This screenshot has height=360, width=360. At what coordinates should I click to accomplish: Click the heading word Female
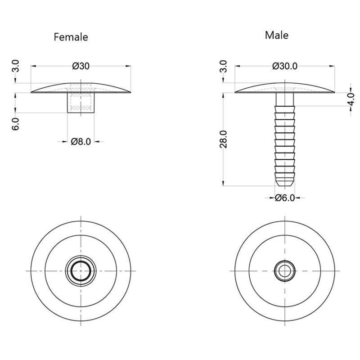coord(71,37)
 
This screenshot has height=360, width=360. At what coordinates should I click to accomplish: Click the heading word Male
coord(277,35)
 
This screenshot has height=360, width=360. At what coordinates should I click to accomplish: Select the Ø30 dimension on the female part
coord(81,66)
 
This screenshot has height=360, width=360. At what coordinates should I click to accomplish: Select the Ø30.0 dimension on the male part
coord(284,66)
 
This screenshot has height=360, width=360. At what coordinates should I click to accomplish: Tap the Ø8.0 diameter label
coord(81,142)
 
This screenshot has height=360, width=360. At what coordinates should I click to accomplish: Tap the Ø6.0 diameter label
coord(284,198)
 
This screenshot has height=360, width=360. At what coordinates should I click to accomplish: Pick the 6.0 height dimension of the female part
coord(15,124)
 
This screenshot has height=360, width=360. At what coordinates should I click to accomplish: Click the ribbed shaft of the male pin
coord(284,139)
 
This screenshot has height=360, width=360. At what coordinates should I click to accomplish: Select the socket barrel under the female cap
coord(81,103)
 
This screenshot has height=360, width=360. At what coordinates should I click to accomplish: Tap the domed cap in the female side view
coord(49,89)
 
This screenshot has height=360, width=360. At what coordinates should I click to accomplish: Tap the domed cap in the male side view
coord(256,89)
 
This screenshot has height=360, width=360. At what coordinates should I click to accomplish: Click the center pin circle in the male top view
coord(284,271)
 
